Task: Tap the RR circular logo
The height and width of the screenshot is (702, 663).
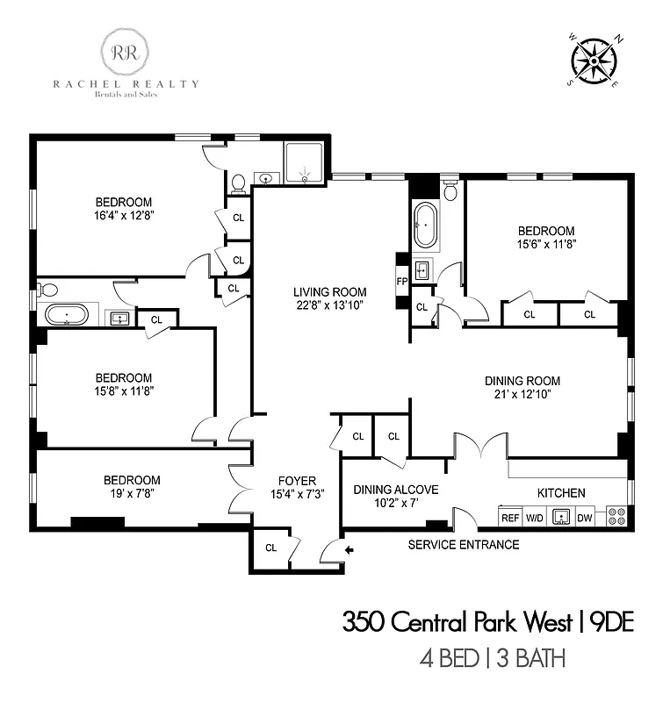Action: (x=125, y=50)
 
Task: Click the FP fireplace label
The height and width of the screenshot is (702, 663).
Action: (x=402, y=282)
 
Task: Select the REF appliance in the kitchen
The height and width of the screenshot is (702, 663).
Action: (x=510, y=518)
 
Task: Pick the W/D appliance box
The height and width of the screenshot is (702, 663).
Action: (x=535, y=518)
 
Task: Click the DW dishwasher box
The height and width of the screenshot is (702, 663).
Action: (x=585, y=518)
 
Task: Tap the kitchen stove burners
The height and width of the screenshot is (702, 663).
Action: (x=615, y=517)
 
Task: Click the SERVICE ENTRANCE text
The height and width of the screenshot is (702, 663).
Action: (x=464, y=545)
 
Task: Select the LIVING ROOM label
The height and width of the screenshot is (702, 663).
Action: (x=330, y=292)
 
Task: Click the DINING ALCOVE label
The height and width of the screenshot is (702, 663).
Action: (x=395, y=490)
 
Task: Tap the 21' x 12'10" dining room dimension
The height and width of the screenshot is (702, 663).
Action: (x=522, y=395)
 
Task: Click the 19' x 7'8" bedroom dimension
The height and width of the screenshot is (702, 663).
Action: (x=132, y=494)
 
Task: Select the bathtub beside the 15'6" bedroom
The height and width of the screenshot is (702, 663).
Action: (x=425, y=225)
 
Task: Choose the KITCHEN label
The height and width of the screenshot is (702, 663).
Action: (x=563, y=493)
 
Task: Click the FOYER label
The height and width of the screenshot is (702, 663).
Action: (x=297, y=480)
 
